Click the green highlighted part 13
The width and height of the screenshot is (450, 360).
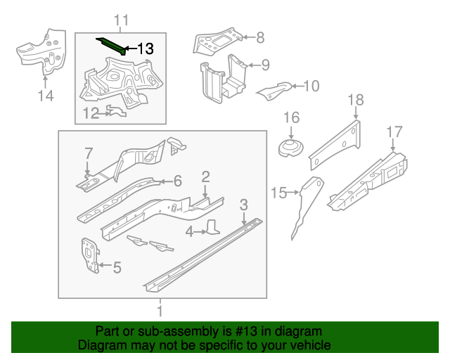click(111, 45)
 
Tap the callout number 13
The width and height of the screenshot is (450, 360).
click(145, 49)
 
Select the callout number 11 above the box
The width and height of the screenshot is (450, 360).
click(121, 20)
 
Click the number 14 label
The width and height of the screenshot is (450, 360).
click(45, 96)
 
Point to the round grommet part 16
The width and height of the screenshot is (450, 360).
click(290, 148)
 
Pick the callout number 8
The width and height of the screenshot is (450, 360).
click(259, 38)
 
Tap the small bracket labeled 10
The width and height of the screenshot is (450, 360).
click(274, 90)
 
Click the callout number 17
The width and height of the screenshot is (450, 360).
click(394, 131)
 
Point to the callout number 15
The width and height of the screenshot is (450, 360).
click(279, 192)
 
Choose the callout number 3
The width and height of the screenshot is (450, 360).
click(243, 205)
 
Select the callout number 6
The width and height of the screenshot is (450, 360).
click(177, 181)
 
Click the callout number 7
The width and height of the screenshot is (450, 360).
click(89, 153)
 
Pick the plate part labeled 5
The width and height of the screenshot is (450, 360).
click(89, 253)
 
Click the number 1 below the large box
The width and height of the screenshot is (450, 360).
click(160, 310)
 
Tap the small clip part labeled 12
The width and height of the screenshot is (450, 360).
click(115, 110)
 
